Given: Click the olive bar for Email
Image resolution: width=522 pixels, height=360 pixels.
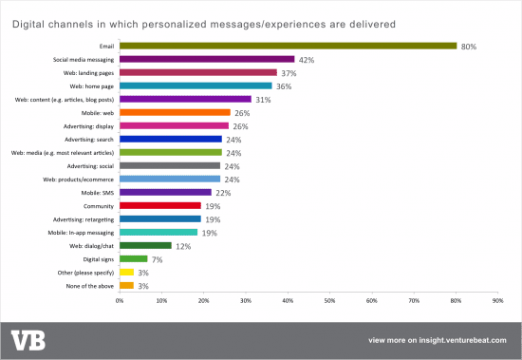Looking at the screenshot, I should [288, 46].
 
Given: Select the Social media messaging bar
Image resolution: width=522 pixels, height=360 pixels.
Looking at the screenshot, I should [207, 59].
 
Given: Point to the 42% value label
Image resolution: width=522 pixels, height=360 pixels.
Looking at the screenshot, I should [307, 59].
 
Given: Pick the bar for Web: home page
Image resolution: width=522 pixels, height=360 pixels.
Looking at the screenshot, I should [195, 85].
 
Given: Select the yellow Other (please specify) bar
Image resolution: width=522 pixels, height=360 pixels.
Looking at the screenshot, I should [125, 271].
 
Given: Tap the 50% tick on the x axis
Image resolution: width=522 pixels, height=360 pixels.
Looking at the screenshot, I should [329, 301].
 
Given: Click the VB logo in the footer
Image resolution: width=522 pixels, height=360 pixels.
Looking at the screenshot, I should [28, 340].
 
